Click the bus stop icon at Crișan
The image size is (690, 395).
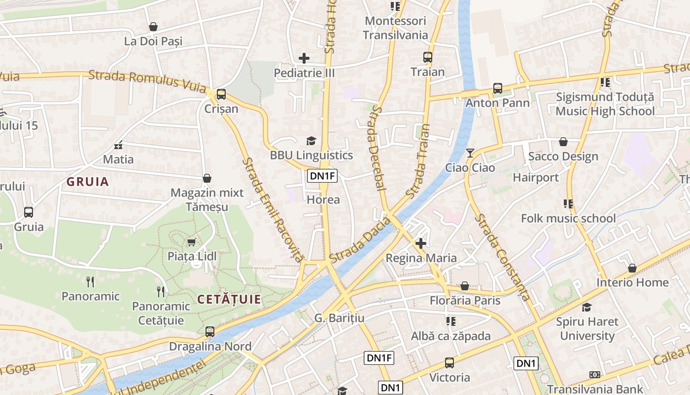[221, 94]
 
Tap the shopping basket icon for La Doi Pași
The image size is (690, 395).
[153, 27]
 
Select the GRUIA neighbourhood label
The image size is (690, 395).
[88, 182]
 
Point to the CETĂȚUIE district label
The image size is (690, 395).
[229, 299]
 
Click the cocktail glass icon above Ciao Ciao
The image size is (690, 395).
[470, 153]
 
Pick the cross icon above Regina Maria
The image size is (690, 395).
[421, 243]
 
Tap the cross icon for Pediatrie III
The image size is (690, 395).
[304, 58]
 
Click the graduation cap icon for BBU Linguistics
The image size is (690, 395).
[311, 141]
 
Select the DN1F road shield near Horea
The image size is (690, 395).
[322, 176]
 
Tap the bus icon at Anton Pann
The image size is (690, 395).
[498, 88]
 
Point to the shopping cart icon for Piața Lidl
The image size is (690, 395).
[191, 241]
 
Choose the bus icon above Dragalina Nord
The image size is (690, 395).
[210, 331]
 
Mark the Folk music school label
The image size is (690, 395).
[568, 218]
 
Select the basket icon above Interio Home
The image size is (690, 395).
[632, 268]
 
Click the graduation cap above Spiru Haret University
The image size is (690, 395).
[586, 307]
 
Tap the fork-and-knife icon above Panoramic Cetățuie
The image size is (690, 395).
[161, 291]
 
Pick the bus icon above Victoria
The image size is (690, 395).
[449, 363]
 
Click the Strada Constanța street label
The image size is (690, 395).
[502, 257]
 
